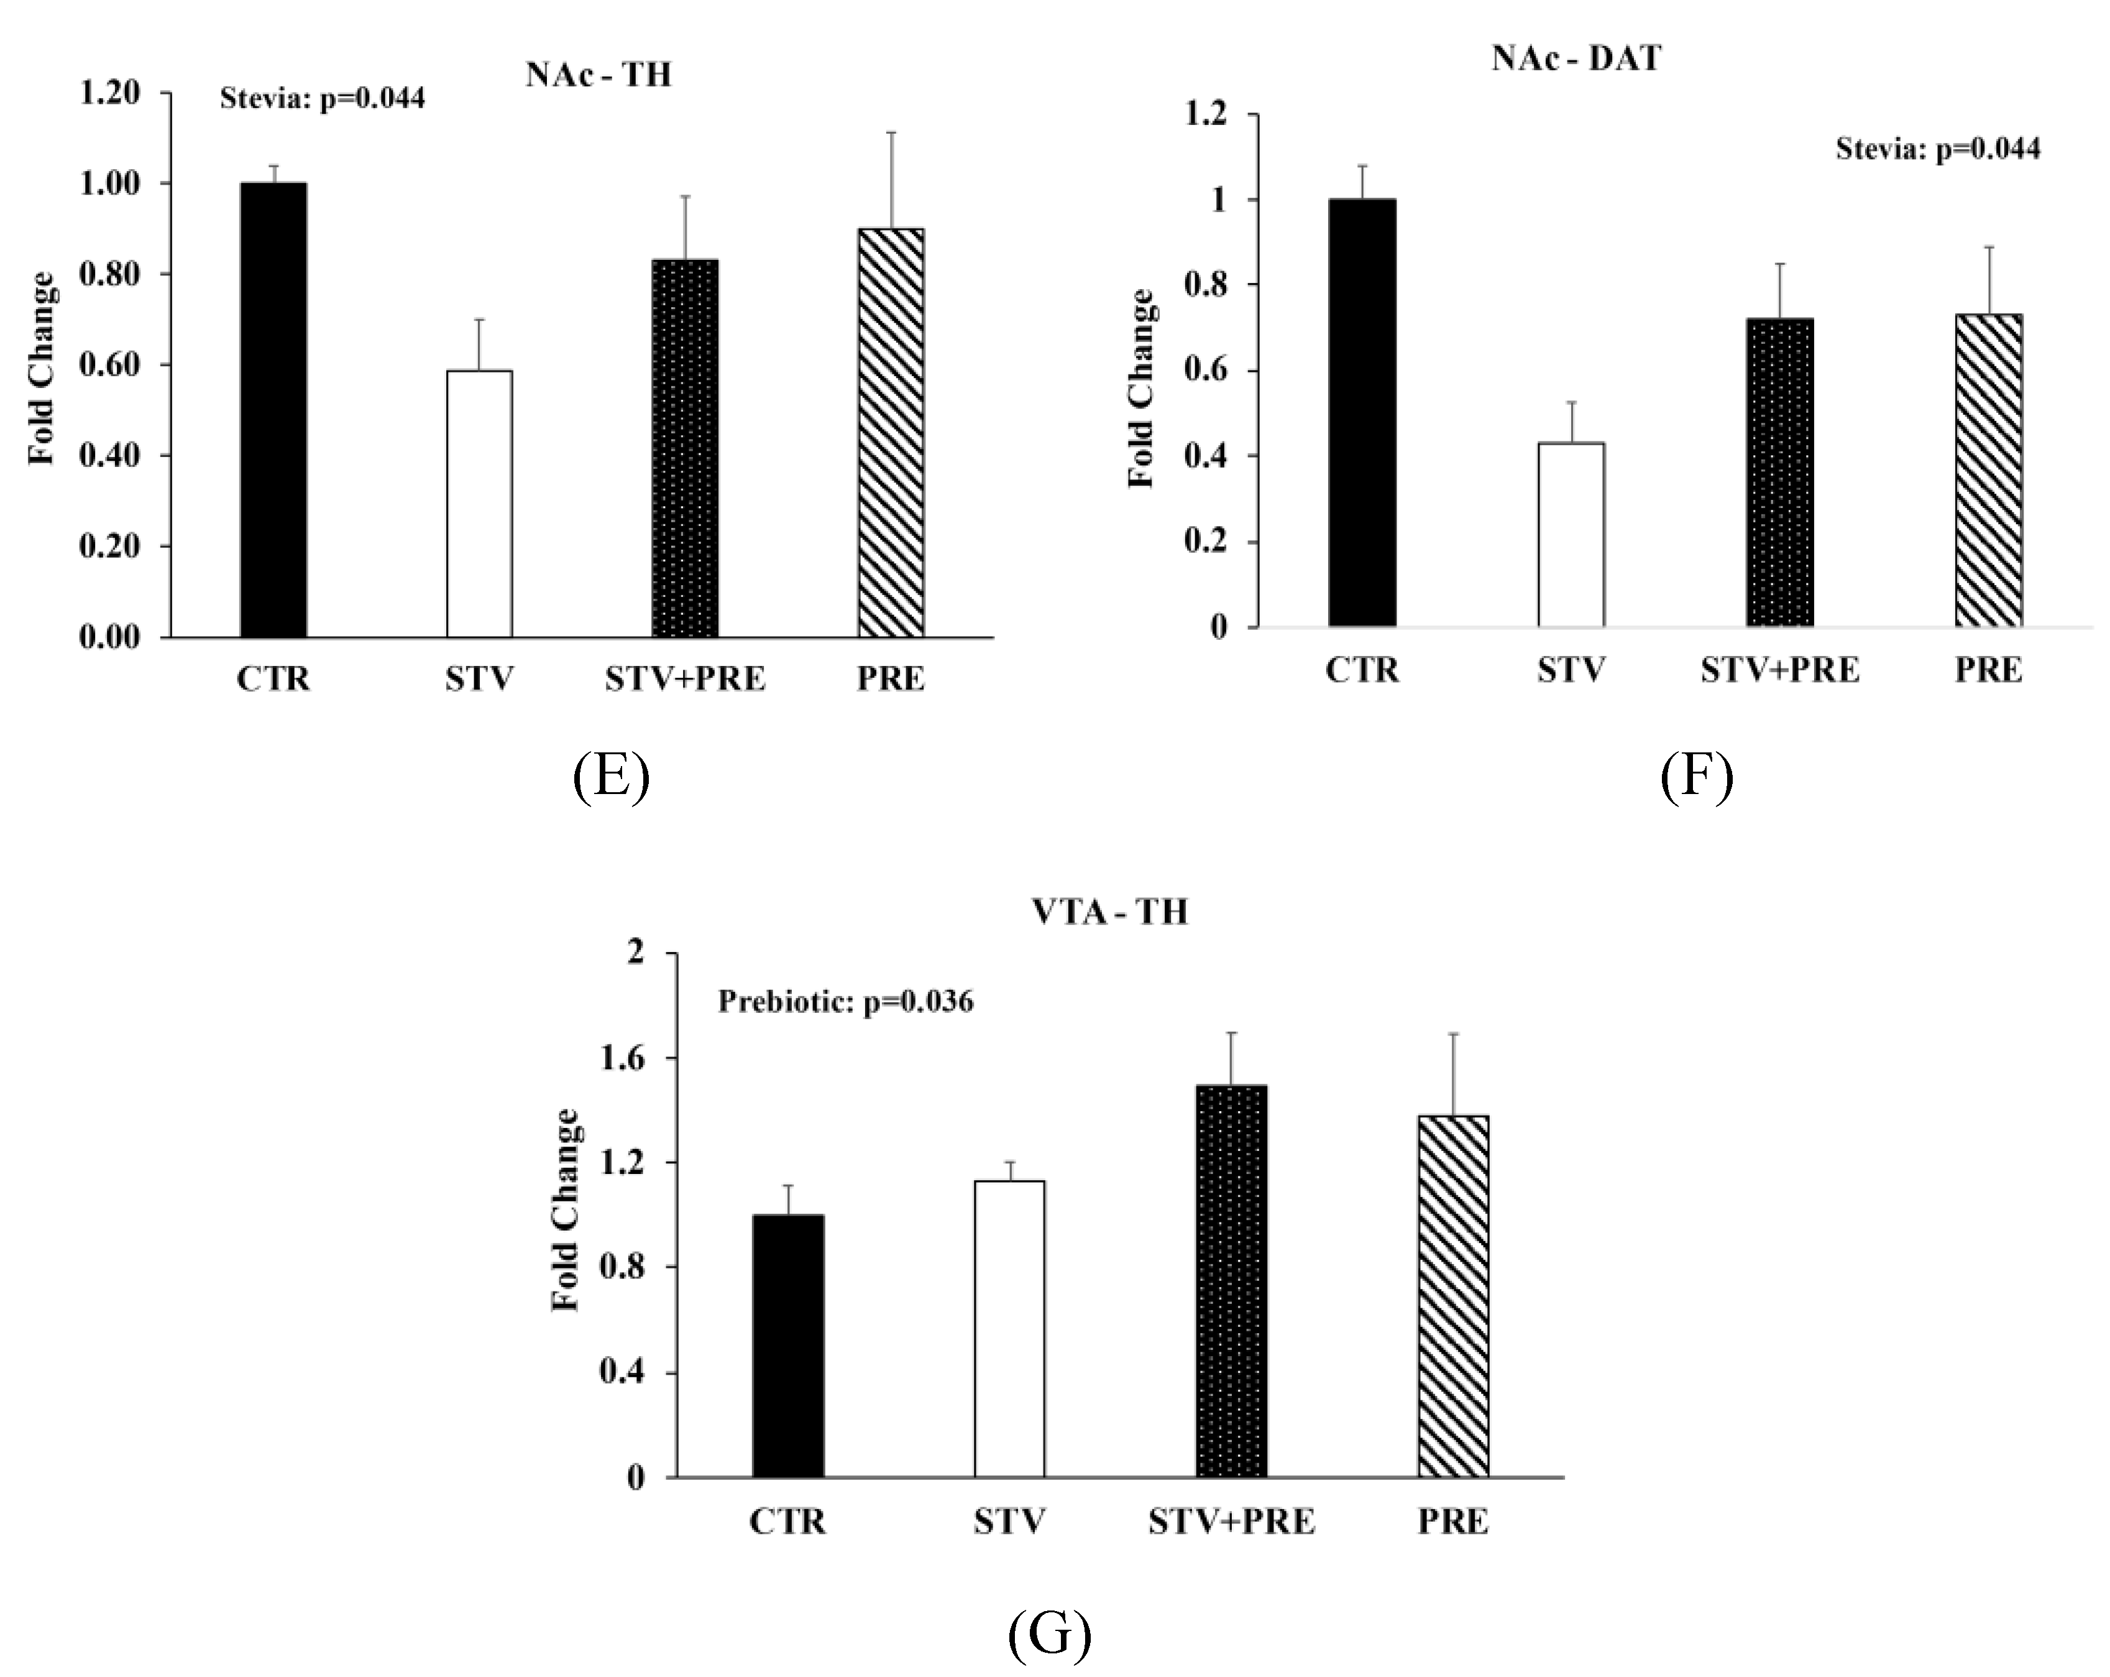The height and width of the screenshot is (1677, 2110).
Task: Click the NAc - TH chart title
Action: tap(598, 75)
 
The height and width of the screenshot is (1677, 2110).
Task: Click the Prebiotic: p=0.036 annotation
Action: tap(846, 1002)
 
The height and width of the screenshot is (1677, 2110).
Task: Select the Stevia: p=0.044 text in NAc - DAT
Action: tap(1938, 149)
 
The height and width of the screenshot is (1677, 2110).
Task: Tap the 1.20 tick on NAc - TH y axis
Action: tap(109, 93)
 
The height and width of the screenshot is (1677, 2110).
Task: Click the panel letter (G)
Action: tap(1049, 1633)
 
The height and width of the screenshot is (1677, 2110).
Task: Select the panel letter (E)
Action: tap(611, 777)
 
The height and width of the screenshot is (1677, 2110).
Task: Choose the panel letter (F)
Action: tap(1696, 777)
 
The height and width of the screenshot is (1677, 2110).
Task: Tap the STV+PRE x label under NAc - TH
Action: tap(685, 678)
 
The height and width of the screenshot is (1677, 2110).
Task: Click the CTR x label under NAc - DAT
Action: tap(1362, 670)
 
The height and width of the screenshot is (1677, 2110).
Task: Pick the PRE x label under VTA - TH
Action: tap(1452, 1522)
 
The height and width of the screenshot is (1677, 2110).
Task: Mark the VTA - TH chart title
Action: tap(1110, 912)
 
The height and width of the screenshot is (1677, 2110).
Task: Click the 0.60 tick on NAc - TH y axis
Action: tap(109, 365)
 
